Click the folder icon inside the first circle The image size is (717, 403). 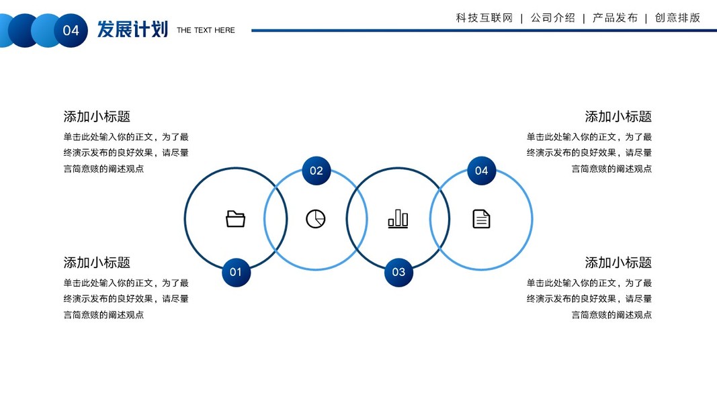point(235,219)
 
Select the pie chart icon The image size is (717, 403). point(316,219)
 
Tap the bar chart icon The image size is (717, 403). point(398,219)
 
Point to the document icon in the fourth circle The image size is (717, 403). point(481,219)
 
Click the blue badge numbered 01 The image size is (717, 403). point(236,272)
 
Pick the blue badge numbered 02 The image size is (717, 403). point(317,171)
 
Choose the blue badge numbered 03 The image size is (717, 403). point(398,272)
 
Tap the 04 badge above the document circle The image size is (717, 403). point(481,171)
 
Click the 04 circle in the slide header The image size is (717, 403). point(71,30)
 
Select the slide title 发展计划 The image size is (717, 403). point(132,30)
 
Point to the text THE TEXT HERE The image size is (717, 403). point(206,30)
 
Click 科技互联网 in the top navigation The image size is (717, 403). point(484,18)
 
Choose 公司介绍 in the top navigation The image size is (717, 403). point(552,18)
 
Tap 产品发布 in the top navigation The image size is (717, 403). point(615,18)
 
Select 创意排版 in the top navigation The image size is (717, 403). point(677,18)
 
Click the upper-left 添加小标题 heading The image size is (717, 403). point(97,116)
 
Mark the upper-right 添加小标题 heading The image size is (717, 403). point(618,116)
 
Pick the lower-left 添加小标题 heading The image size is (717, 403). point(97,263)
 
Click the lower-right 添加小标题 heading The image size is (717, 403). point(618,263)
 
